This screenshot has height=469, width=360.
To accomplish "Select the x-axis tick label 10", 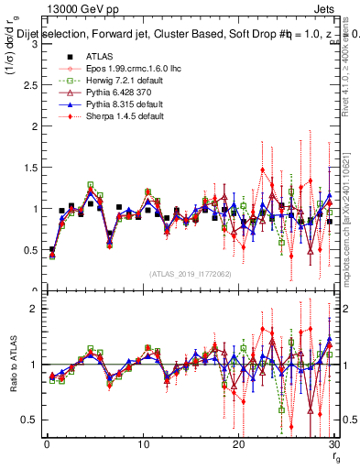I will (142, 444).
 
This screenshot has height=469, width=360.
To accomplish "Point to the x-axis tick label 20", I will (238, 444).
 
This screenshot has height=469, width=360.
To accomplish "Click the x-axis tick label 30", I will (333, 444).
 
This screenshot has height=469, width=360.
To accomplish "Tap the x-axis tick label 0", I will (46, 444).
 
